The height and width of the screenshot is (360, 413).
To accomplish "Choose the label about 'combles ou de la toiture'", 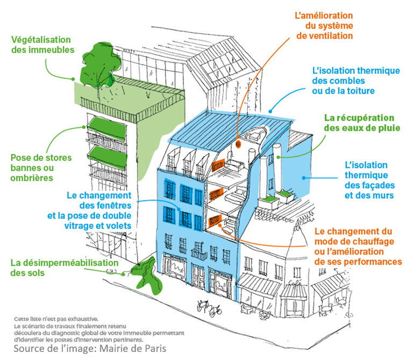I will pyautogui.click(x=356, y=81).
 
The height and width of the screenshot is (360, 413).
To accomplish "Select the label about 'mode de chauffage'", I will pyautogui.click(x=358, y=247).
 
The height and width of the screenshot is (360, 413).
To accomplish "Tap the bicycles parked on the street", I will pyautogui.click(x=209, y=308).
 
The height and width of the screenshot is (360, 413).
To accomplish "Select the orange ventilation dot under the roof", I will pyautogui.click(x=238, y=144).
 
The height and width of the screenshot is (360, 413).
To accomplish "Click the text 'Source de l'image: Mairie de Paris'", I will pyautogui.click(x=90, y=349).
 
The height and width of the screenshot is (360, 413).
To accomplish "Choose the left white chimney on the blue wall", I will pyautogui.click(x=265, y=174).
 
